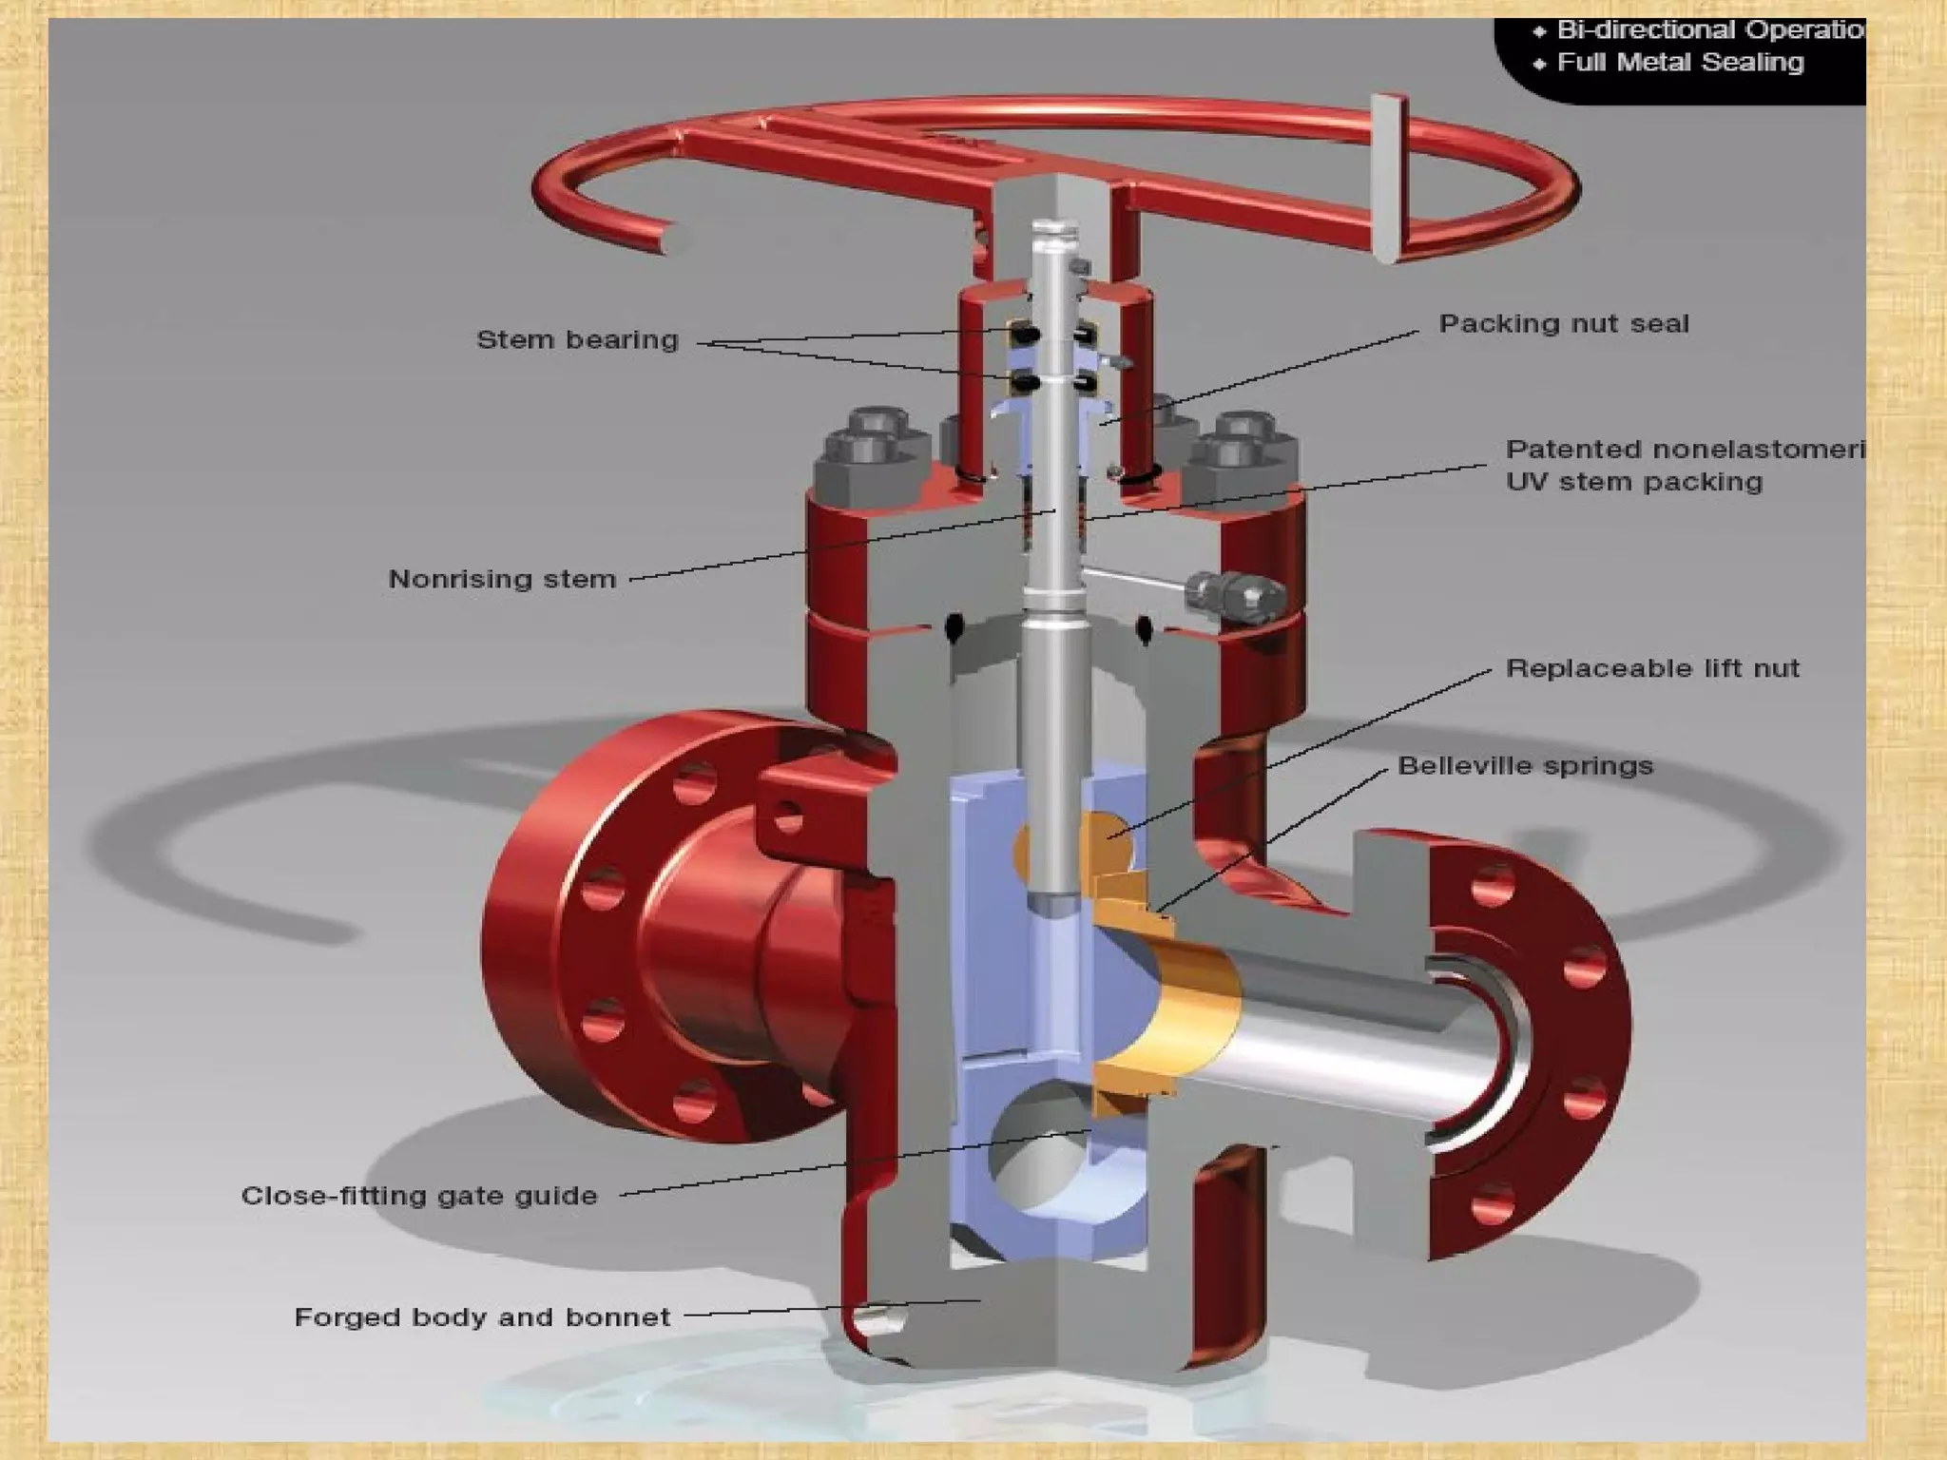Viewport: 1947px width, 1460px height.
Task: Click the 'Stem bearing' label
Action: tap(577, 340)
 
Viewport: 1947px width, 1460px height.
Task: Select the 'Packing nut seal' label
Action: tap(1564, 324)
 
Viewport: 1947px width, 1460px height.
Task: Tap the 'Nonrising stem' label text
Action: tap(502, 579)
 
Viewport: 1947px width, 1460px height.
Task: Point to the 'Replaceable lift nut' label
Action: tap(1652, 668)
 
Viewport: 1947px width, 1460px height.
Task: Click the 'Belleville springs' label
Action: tap(1525, 766)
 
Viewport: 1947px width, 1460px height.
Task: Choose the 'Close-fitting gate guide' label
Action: tap(419, 1196)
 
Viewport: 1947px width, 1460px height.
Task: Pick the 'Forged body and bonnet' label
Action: tap(482, 1317)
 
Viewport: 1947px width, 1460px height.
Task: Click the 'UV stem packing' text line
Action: tap(1633, 482)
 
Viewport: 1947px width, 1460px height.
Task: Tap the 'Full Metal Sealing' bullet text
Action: tap(1679, 63)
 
